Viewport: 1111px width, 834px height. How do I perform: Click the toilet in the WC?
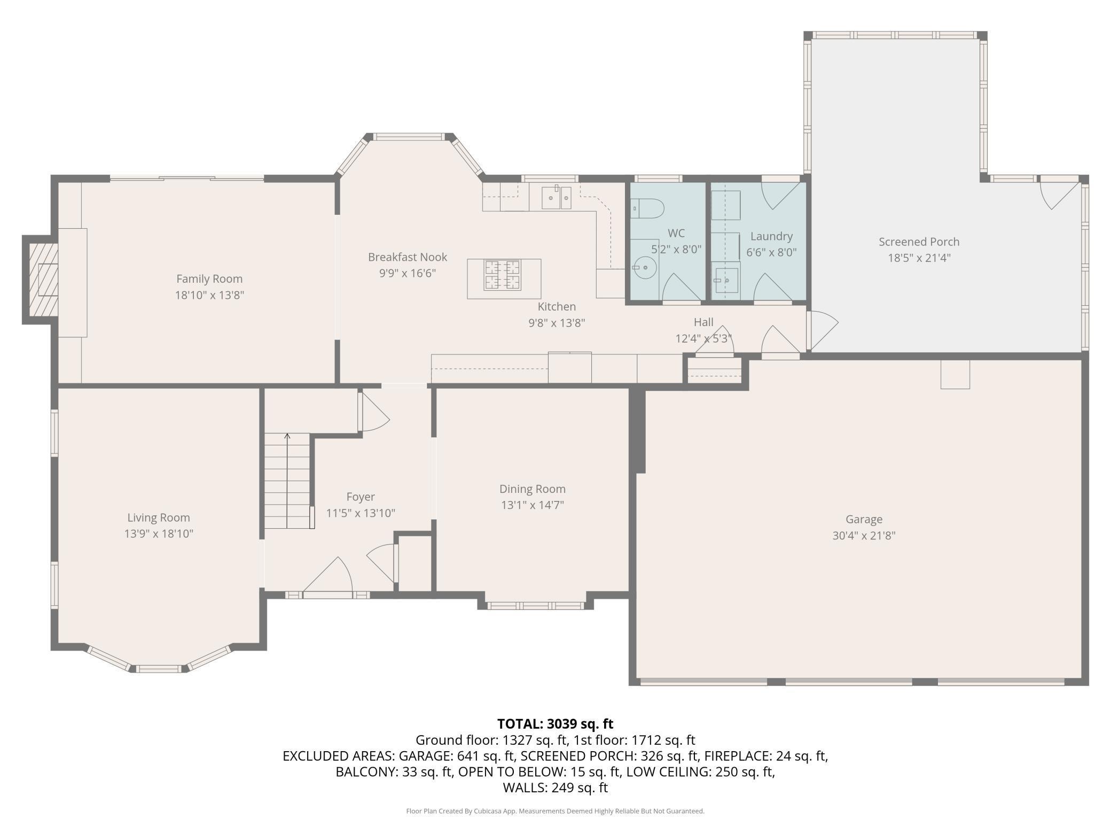(x=647, y=208)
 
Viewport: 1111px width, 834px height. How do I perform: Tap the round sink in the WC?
(x=645, y=265)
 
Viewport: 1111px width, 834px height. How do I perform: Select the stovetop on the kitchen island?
(x=502, y=275)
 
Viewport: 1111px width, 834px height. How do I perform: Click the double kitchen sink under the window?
(x=556, y=197)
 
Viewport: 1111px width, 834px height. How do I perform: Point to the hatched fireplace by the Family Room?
(x=43, y=279)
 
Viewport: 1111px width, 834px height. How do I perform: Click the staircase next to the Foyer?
(x=287, y=481)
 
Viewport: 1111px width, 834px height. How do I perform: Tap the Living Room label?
(x=159, y=518)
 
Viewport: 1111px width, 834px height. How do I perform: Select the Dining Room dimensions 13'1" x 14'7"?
(x=532, y=505)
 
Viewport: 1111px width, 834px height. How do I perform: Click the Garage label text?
(x=864, y=519)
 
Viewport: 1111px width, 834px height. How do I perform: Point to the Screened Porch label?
(x=919, y=242)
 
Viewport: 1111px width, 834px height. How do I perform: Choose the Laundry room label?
(x=771, y=236)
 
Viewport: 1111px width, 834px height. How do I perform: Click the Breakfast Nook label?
(x=408, y=257)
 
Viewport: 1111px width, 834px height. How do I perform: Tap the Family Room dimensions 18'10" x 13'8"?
(x=209, y=295)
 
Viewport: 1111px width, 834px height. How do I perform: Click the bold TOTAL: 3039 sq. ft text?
(x=555, y=724)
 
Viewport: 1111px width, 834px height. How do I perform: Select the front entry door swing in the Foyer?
(x=327, y=575)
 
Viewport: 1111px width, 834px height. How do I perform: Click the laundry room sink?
(x=726, y=280)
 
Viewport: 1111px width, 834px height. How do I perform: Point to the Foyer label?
(x=361, y=497)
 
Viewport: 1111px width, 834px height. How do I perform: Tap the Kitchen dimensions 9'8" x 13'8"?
(x=557, y=322)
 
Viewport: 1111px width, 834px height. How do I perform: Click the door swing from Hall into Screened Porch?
(x=823, y=329)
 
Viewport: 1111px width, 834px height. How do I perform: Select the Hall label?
(x=703, y=322)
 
